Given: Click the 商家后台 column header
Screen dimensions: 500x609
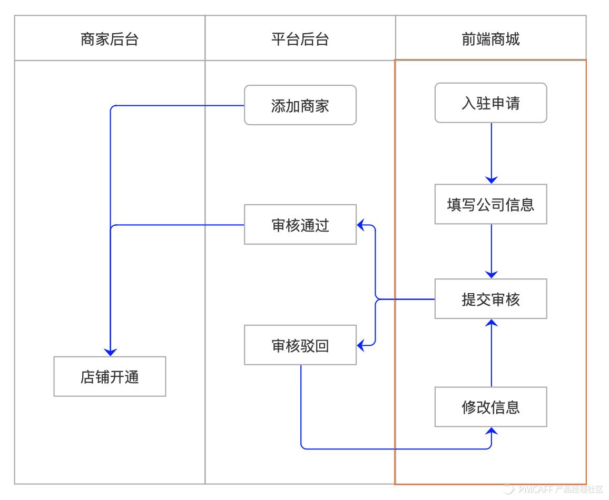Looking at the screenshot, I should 110,39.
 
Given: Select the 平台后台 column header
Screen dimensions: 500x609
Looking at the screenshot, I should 300,39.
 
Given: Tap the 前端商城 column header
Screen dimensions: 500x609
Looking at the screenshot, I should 490,39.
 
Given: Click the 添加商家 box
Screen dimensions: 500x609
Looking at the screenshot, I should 300,105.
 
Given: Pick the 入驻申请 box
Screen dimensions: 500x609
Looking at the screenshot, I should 490,103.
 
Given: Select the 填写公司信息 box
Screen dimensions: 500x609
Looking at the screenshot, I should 490,204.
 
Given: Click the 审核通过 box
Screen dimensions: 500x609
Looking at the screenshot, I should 300,225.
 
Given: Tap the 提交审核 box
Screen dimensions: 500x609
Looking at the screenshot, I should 490,299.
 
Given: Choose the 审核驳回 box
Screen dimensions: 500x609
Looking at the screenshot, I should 300,345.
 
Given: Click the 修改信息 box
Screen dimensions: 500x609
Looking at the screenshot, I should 490,407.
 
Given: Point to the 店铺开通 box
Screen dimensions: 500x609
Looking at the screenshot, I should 110,377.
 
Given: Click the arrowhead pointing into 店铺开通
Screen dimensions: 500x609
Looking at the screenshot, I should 110,351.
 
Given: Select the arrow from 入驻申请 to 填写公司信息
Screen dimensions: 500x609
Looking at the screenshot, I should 491,153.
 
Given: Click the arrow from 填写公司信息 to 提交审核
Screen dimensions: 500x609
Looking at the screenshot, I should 491,250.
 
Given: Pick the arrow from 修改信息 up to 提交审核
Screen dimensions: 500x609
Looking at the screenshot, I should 491,353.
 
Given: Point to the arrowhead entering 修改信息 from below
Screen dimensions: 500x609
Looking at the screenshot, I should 491,432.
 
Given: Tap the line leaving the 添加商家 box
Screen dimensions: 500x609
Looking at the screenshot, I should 179,106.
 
